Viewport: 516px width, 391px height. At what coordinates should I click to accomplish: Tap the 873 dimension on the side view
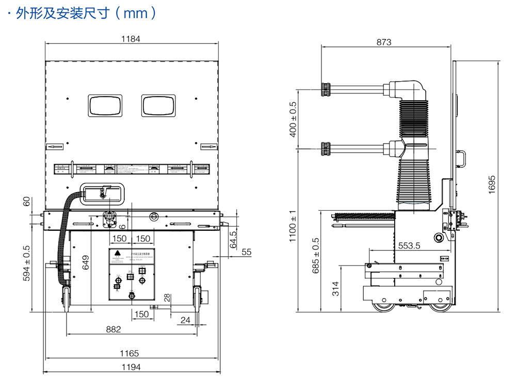coord(383,42)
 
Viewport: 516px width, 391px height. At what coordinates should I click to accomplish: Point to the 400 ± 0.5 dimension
coord(294,119)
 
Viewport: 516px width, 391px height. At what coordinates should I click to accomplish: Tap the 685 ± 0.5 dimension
coord(316,255)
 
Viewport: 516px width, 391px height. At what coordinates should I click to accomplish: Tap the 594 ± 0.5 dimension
coord(26,263)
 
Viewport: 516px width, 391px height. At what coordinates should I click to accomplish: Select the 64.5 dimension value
coord(233,240)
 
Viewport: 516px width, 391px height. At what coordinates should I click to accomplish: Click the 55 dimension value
coord(247,252)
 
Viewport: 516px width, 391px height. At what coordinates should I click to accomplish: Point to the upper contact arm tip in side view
coord(326,89)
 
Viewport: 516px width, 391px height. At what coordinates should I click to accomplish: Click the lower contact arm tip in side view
coord(326,148)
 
